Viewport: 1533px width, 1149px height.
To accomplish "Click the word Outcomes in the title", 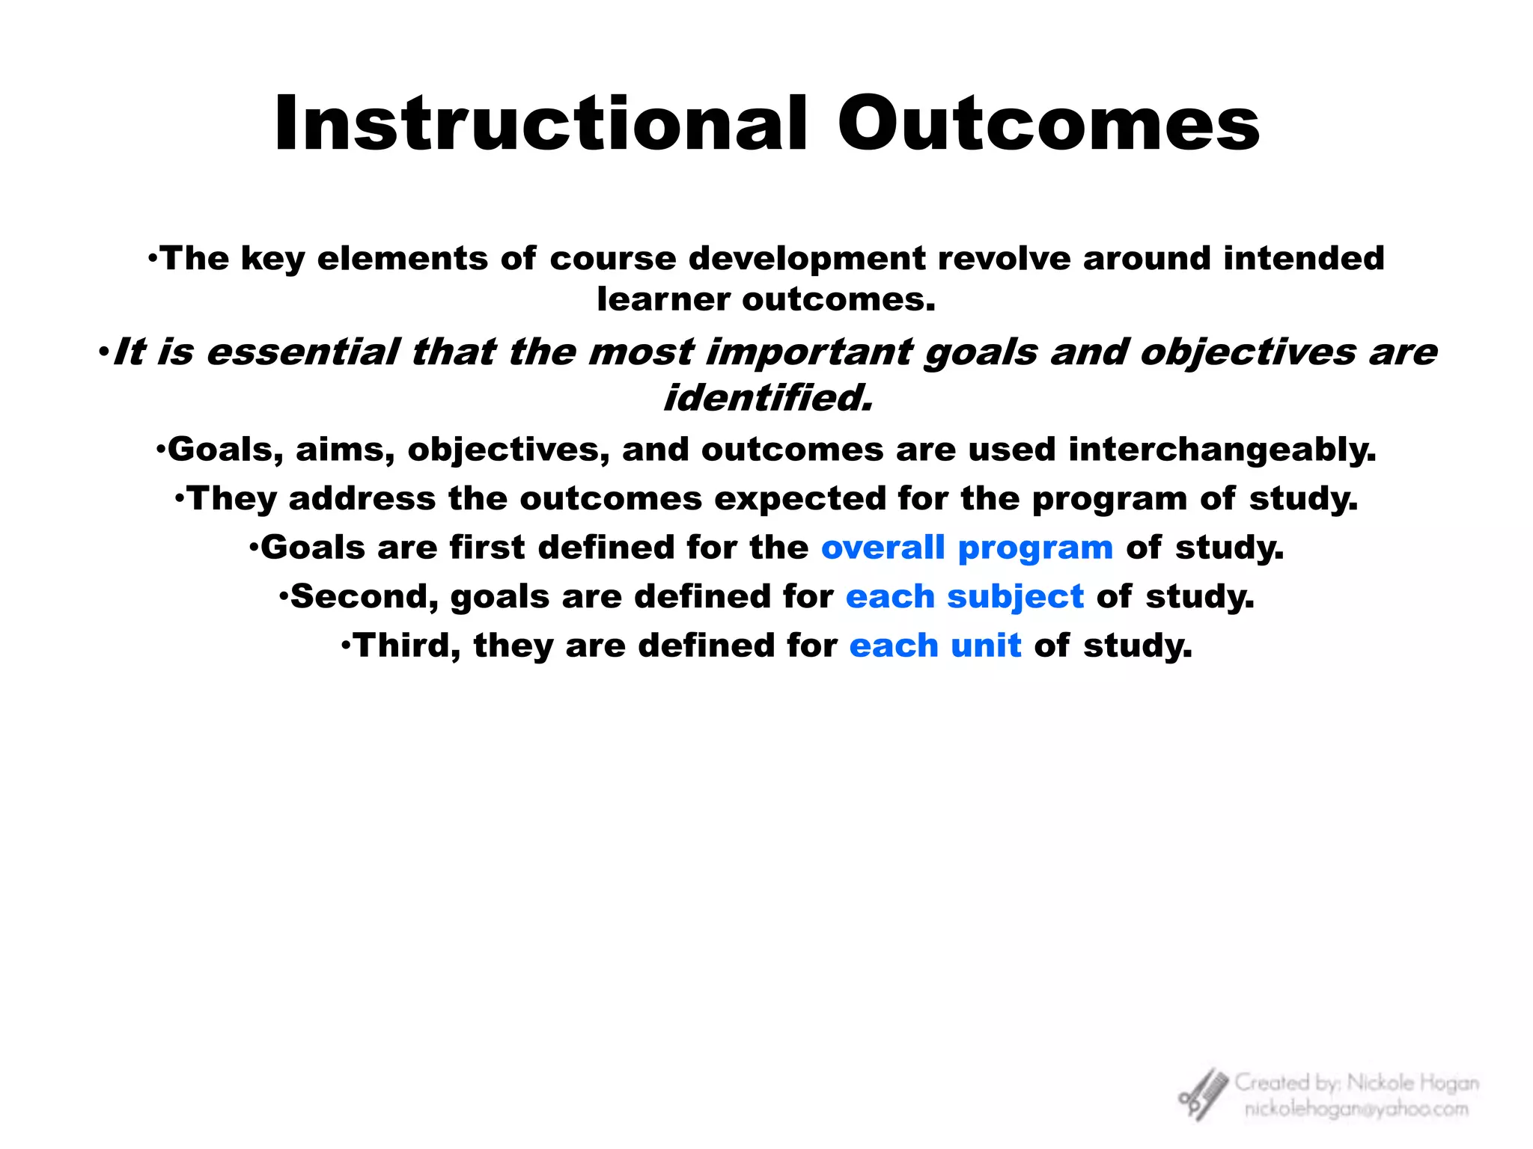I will coord(1048,124).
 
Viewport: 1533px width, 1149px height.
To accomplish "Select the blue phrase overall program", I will coord(966,548).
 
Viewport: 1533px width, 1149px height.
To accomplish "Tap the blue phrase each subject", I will coord(964,597).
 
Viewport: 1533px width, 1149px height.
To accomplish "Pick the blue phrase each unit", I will coord(935,646).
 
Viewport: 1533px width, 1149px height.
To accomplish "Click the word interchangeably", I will coord(1222,450).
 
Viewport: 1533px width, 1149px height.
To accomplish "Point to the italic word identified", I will coord(768,398).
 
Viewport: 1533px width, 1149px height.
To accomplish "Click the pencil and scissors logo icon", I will coord(1202,1094).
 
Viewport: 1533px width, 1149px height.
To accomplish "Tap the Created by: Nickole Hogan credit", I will coord(1356,1082).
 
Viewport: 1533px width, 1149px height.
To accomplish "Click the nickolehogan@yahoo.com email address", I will coord(1356,1109).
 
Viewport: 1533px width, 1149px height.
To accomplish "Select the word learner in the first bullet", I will coord(663,300).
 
